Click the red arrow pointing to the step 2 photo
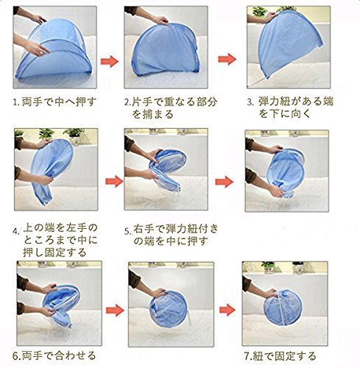tap(110, 61)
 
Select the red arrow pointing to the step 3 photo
tap(227, 59)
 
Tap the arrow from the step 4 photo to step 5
tap(115, 181)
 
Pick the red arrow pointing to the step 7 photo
tap(227, 310)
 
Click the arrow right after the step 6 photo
tap(115, 311)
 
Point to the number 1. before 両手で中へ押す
tap(16, 102)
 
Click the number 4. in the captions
tap(16, 231)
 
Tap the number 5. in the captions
tap(127, 231)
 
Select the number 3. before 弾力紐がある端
tap(250, 102)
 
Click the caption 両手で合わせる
tap(58, 355)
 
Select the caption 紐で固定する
tap(284, 356)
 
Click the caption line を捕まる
tap(153, 115)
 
